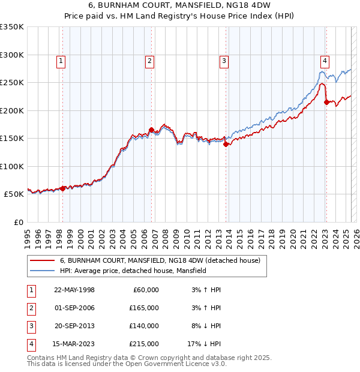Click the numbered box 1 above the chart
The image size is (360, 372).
coord(62,60)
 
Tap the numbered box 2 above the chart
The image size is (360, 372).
coord(149,60)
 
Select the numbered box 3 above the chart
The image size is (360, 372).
coord(224,60)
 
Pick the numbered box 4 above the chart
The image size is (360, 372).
coord(325,60)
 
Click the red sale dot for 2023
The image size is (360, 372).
coord(326,102)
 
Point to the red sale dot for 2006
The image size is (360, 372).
coord(151,130)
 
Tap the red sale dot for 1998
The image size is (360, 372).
coord(63,188)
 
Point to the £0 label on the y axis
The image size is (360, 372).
coord(19,222)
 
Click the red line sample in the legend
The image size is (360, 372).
coord(42,261)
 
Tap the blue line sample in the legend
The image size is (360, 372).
coord(42,271)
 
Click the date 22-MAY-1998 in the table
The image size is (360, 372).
coord(74,290)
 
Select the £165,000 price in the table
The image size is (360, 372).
coord(145,308)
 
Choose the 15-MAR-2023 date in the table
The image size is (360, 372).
coord(74,344)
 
